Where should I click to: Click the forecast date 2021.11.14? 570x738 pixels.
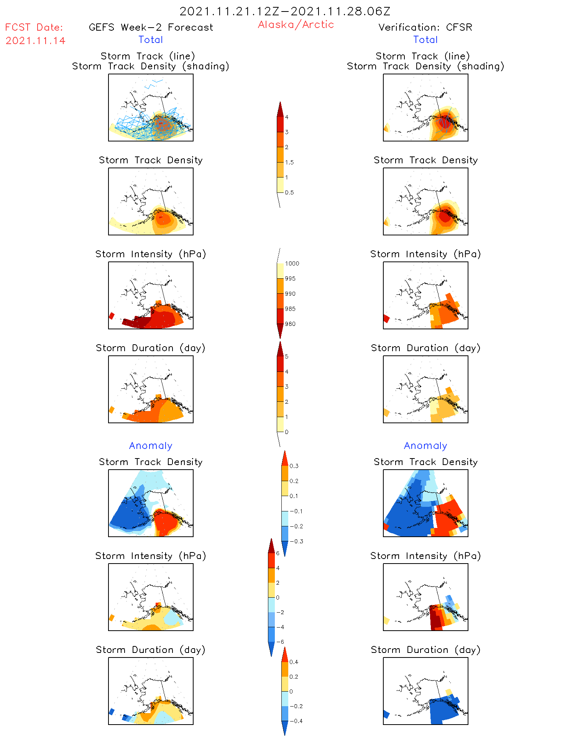pos(35,41)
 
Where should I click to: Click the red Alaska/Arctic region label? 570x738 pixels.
pos(296,25)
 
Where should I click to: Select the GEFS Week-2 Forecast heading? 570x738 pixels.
pos(151,28)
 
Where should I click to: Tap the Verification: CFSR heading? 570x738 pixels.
pos(425,28)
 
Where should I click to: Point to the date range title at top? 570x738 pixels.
pos(285,12)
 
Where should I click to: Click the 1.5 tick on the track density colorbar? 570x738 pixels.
pos(289,163)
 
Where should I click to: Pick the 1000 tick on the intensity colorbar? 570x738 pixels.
pos(292,264)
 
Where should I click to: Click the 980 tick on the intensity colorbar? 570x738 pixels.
pos(290,324)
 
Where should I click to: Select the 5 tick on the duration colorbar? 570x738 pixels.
pos(286,357)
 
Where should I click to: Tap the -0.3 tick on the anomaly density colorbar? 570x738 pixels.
pos(296,541)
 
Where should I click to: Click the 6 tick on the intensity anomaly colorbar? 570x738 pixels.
pos(278,553)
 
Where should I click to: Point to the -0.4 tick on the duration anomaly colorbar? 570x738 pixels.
pos(296,721)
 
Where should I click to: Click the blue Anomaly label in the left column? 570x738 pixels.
pos(151,446)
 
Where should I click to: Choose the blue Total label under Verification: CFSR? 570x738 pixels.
pos(425,40)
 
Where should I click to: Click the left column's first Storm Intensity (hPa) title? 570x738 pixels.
pos(151,254)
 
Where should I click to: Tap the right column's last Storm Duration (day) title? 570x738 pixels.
pos(425,650)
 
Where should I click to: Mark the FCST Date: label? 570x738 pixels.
pos(34,28)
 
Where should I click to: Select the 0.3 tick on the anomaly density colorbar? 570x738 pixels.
pos(294,466)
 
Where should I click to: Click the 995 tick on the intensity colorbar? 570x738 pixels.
pos(290,279)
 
